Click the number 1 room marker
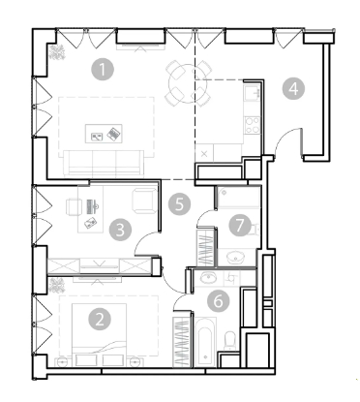pos(103,69)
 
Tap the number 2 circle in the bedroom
pos(100,320)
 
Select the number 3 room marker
pos(120,231)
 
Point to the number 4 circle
pos(293,88)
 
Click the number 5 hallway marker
pos(179,203)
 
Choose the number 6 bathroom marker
pos(219,301)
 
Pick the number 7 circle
pos(240,225)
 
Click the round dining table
pos(182,83)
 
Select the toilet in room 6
pos(230,341)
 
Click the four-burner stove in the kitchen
pos(253,125)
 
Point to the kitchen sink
pos(253,93)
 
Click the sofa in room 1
pos(104,163)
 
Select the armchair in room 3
pos(145,201)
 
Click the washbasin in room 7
pos(236,258)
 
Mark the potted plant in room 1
pos(57,52)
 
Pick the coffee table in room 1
pos(104,134)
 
